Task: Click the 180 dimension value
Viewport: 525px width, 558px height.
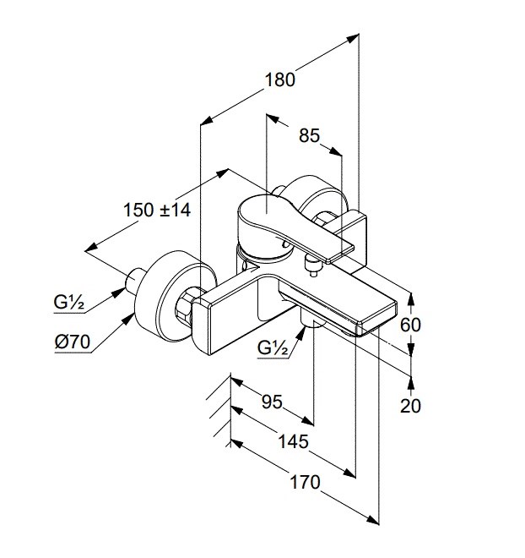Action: point(279,79)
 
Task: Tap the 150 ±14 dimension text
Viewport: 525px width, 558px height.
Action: point(156,210)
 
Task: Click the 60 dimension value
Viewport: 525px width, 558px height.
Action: point(411,324)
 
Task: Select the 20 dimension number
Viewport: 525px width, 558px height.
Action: point(411,405)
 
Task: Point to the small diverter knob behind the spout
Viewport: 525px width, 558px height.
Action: point(313,268)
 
